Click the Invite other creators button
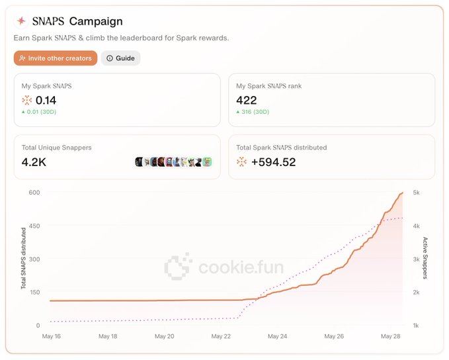(56, 58)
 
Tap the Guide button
(121, 58)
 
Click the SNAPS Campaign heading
(77, 22)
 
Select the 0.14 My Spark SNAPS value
(46, 101)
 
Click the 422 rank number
(246, 101)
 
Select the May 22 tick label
(221, 336)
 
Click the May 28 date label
(391, 336)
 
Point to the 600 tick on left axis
(34, 193)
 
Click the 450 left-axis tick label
(34, 226)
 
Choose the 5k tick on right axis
(417, 193)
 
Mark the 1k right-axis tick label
(417, 325)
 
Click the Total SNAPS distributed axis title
(24, 259)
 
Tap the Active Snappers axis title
(425, 259)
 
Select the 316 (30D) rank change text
(254, 112)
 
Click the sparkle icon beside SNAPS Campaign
(21, 22)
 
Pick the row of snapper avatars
(173, 162)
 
